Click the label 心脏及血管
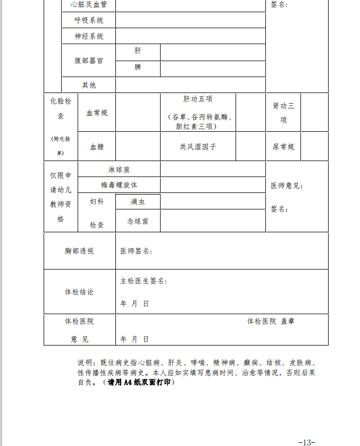89,5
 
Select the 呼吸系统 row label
89,21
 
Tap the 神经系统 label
89,37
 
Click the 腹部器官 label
89,61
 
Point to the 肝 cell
138,51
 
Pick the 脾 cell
138,68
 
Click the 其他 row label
89,85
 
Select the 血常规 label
97,113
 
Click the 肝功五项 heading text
198,99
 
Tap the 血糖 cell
97,147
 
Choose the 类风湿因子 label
198,147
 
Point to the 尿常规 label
283,147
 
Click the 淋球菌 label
119,170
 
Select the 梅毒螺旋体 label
119,185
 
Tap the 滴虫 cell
138,202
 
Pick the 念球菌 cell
138,221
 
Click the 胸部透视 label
79,251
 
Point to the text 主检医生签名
144,281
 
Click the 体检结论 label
79,292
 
